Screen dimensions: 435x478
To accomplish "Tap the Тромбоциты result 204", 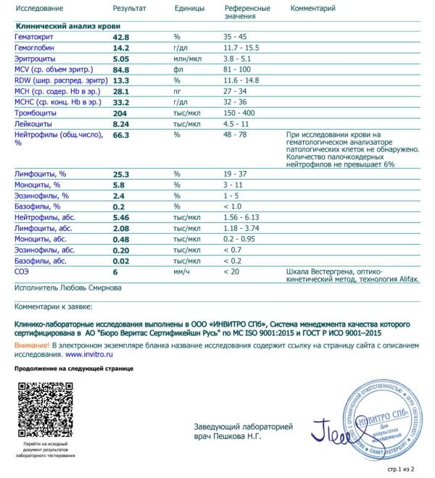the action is (121, 113).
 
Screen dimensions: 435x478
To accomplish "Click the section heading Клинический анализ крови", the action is (58, 25).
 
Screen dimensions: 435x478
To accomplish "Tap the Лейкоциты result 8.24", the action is (122, 124).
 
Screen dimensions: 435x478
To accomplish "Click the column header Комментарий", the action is (312, 8).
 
